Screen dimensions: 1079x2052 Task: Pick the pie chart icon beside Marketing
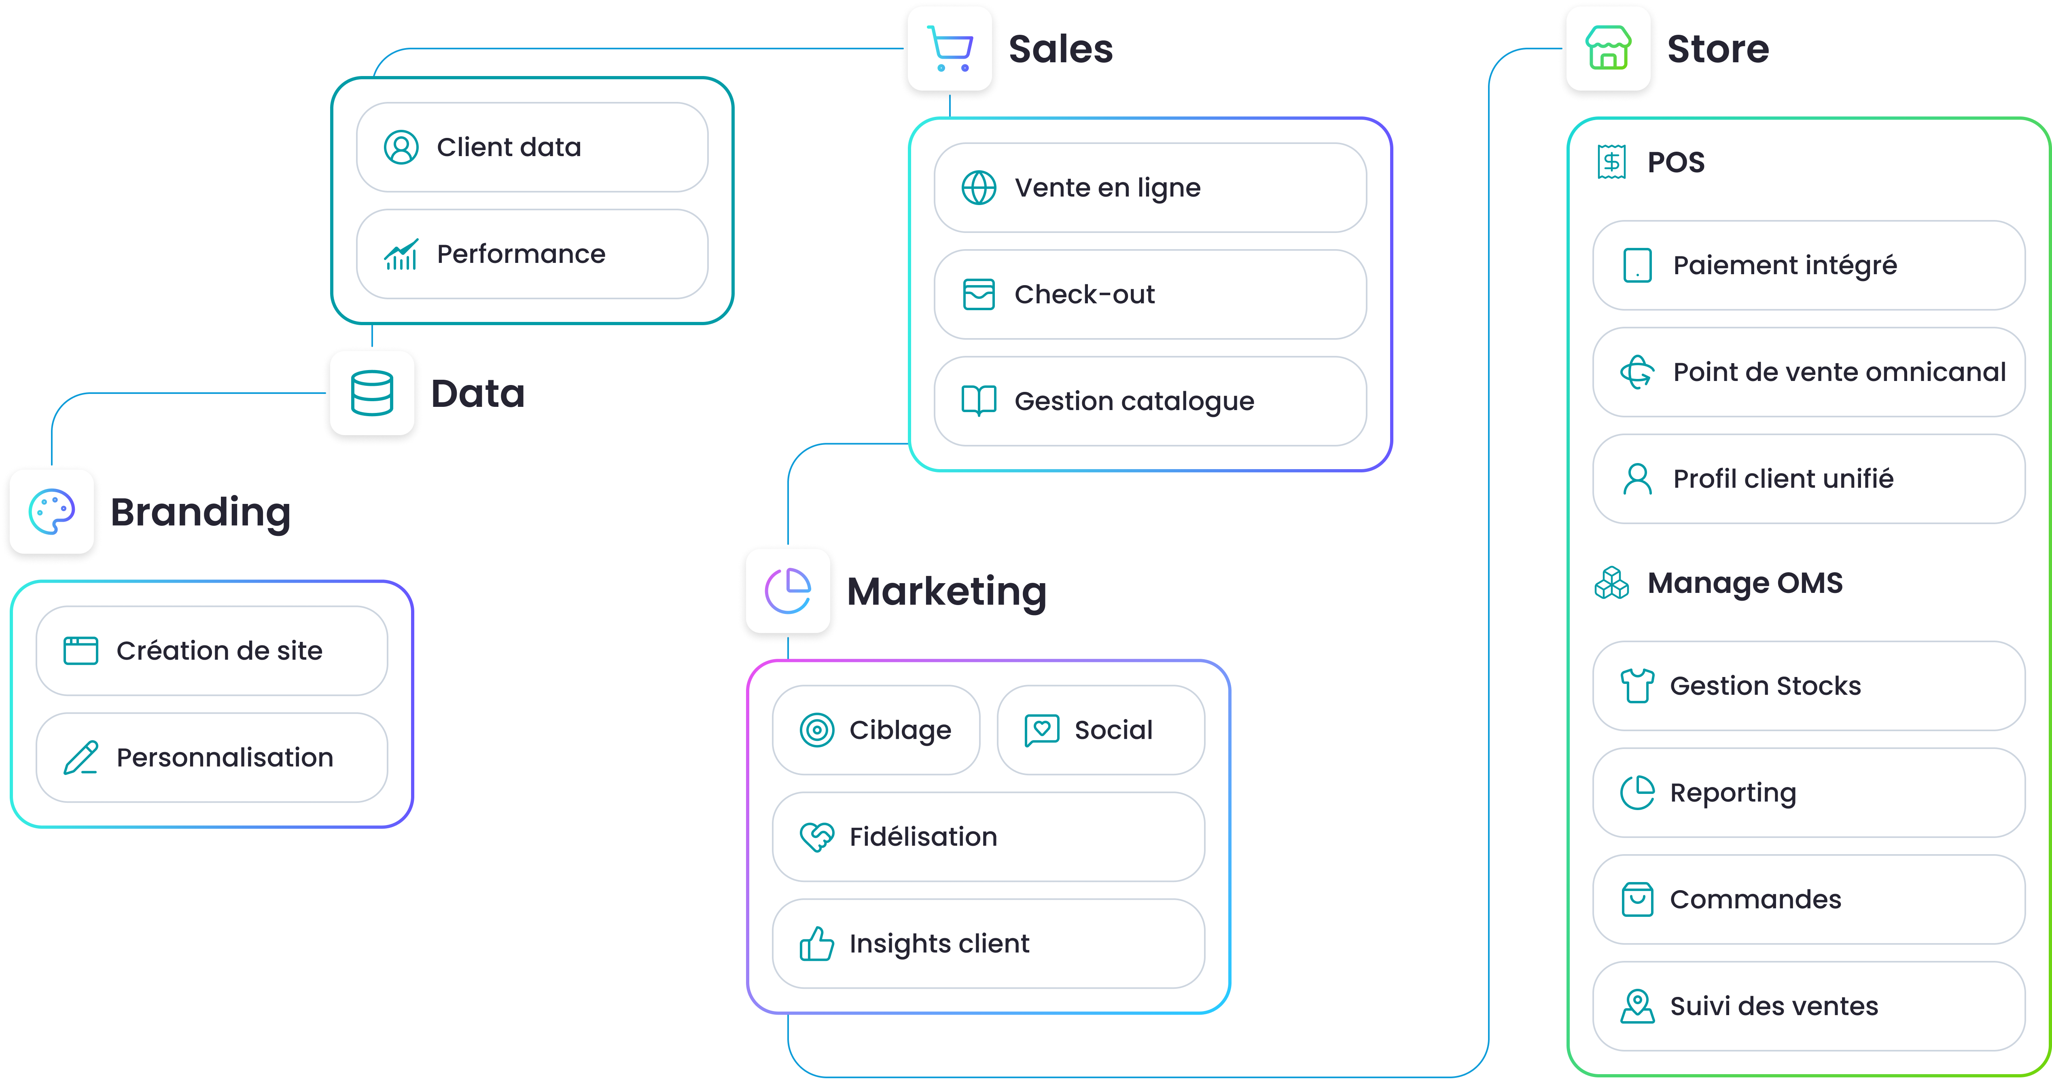tap(788, 592)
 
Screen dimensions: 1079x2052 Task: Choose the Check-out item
tap(1149, 295)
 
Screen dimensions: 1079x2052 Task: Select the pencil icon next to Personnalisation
tap(81, 758)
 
